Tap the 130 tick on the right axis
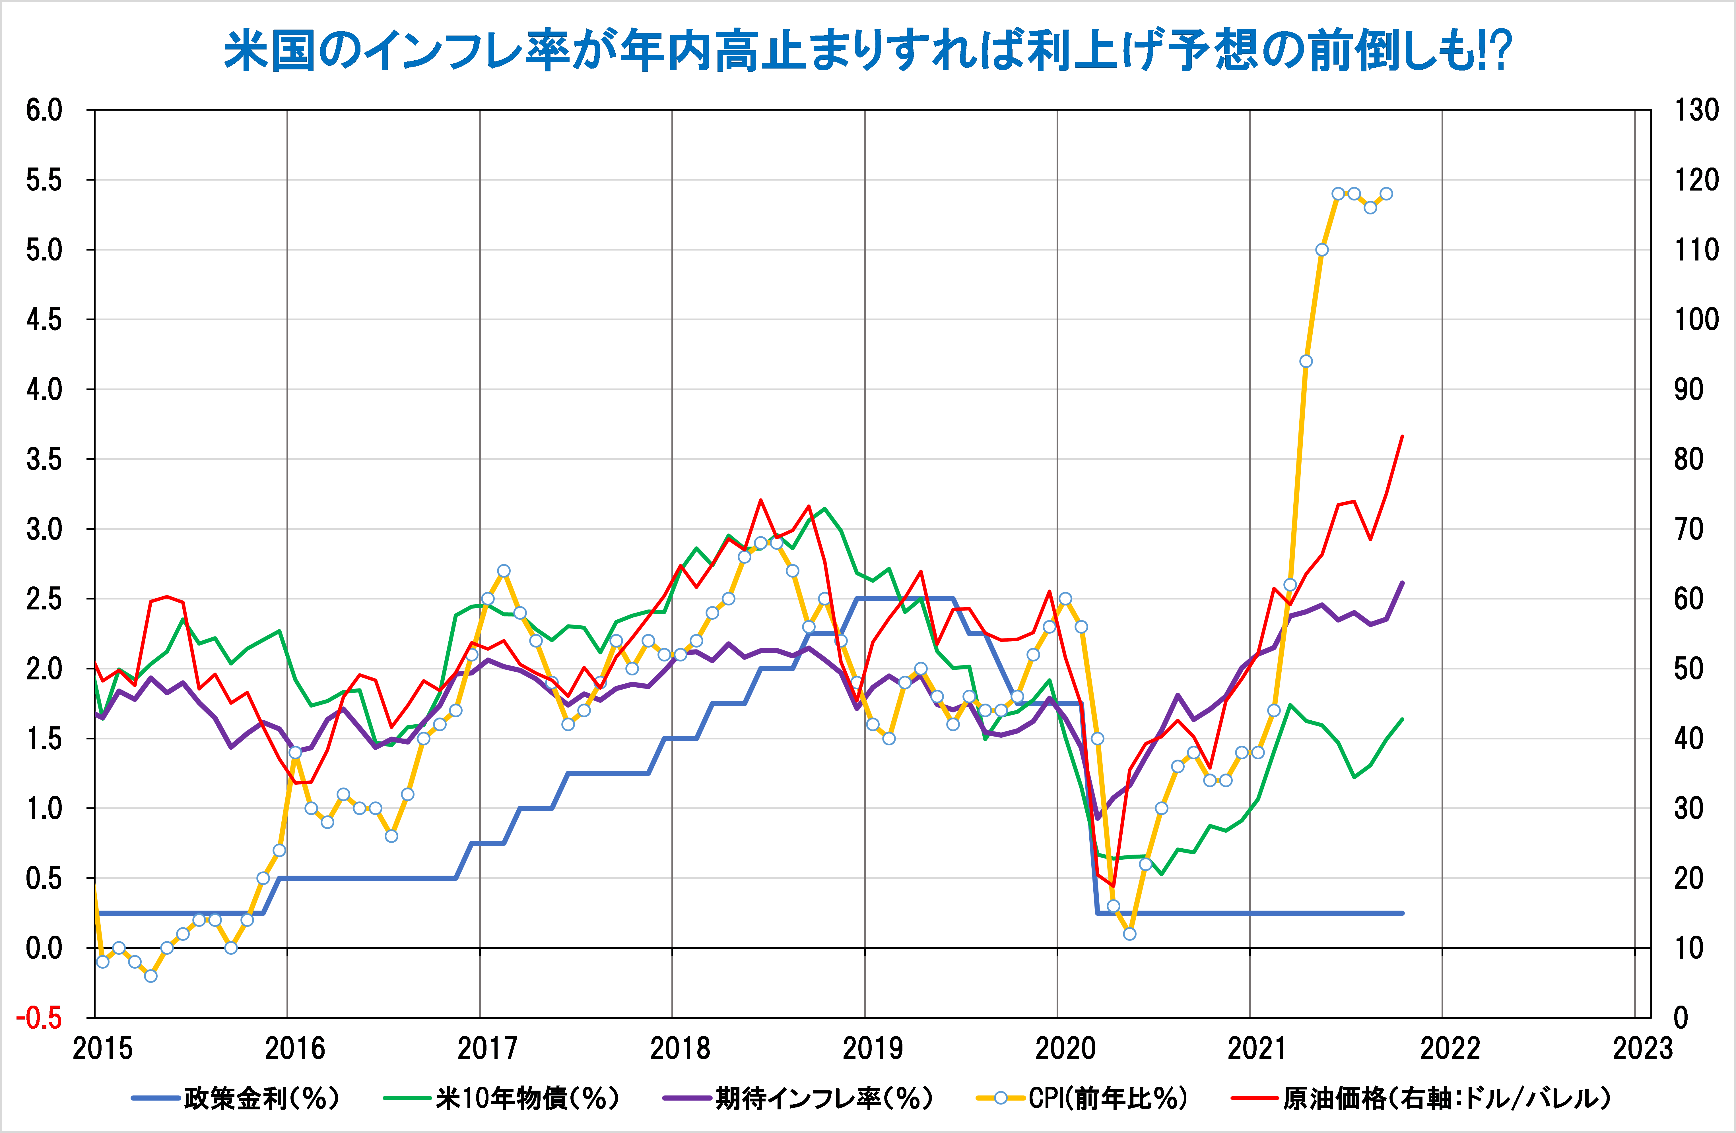point(1696,111)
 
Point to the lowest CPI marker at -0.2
point(151,975)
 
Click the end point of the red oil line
point(1402,436)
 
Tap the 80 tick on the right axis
point(1688,459)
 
